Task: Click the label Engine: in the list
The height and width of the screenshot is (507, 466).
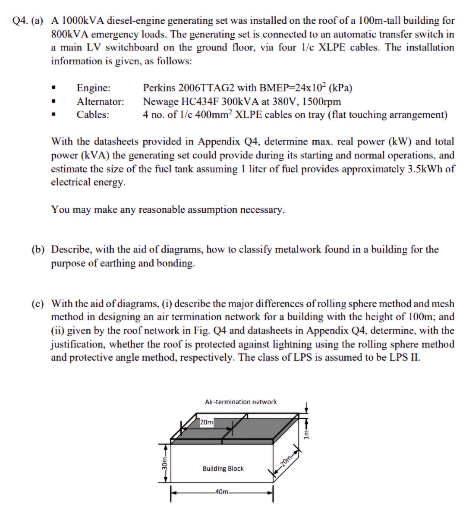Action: coord(93,88)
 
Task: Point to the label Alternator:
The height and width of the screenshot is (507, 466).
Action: coord(100,102)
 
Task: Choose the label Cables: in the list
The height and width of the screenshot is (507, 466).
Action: coord(93,115)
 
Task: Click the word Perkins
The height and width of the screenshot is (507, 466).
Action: coord(159,88)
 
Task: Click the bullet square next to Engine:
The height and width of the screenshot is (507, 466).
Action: coord(53,88)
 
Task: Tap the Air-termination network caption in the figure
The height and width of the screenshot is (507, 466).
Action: coord(241,402)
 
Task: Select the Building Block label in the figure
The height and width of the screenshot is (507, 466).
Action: coord(223,469)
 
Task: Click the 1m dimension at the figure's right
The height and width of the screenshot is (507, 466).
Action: coord(306,433)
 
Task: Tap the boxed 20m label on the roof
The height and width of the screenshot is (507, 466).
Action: coord(206,422)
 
